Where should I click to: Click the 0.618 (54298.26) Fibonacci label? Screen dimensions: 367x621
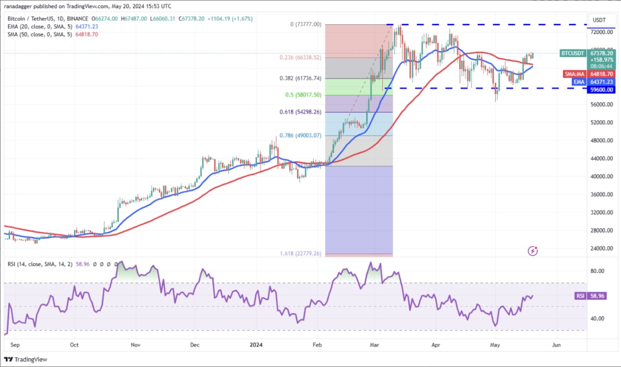click(300, 112)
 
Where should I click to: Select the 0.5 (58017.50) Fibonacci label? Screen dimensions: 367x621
click(303, 95)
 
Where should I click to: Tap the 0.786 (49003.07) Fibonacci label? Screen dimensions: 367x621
click(300, 135)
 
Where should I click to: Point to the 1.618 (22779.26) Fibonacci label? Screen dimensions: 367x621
click(300, 253)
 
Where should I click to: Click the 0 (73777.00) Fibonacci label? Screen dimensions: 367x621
click(306, 24)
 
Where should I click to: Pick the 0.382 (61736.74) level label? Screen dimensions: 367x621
click(300, 78)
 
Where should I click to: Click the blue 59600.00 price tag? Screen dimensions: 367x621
click(601, 90)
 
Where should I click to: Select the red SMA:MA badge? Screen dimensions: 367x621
click(574, 74)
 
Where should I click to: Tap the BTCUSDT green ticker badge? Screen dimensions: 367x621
click(573, 53)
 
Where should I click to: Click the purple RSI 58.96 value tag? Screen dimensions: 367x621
click(597, 296)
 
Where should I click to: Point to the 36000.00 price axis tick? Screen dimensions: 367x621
click(601, 194)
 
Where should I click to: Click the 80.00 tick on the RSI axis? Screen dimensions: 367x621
click(597, 271)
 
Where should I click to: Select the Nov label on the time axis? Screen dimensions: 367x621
click(135, 345)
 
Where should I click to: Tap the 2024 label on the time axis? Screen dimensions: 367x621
click(256, 345)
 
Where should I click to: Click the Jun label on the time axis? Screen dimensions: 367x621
click(556, 345)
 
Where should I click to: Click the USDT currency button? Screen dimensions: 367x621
click(599, 20)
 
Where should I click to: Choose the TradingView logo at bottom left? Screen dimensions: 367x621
click(25, 360)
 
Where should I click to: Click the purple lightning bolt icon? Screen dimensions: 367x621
click(533, 251)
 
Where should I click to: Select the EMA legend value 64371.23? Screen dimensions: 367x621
click(87, 26)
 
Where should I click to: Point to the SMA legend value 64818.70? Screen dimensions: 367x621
click(87, 34)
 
